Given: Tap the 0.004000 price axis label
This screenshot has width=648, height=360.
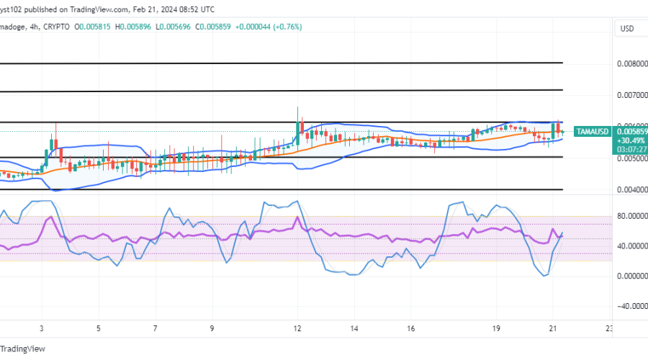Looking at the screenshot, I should pyautogui.click(x=630, y=190).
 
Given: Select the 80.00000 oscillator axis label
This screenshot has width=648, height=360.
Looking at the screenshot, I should pyautogui.click(x=630, y=215).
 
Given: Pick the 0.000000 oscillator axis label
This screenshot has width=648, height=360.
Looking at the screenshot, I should pyautogui.click(x=630, y=276).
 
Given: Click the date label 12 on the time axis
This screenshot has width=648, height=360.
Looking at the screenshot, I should pyautogui.click(x=297, y=328).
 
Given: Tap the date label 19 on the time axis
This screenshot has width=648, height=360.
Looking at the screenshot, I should pyautogui.click(x=497, y=328).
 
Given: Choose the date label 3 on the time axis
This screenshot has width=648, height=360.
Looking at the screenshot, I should pyautogui.click(x=42, y=328).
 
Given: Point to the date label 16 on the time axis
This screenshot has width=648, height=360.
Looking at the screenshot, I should pyautogui.click(x=410, y=328).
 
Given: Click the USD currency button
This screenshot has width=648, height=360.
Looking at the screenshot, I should pyautogui.click(x=626, y=29).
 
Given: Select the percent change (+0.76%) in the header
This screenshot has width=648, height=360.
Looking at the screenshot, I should pyautogui.click(x=287, y=27).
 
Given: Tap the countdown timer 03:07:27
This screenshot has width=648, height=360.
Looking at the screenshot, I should pyautogui.click(x=634, y=149).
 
